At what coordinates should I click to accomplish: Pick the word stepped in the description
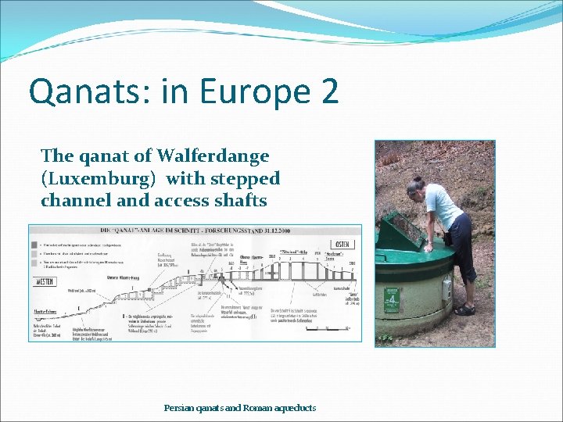[242, 178]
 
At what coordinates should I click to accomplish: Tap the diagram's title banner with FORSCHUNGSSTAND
[195, 232]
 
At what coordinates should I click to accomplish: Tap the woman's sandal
[464, 309]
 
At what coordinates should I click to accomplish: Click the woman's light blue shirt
[446, 205]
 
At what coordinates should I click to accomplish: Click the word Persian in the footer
[178, 408]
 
